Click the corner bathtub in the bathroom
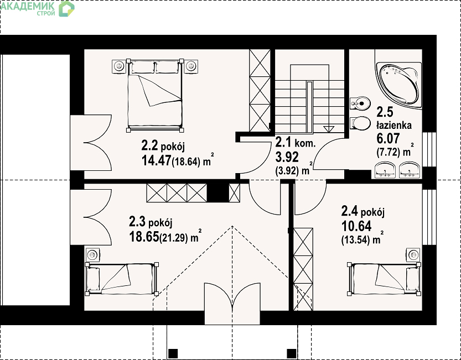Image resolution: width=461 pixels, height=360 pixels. pos(399,85)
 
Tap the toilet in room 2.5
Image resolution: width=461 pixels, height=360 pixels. pos(360,123)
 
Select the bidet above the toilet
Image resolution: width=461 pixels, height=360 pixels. pos(360,103)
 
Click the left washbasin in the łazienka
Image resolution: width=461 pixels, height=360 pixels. pos(385,170)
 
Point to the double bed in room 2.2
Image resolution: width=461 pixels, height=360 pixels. pos(154,96)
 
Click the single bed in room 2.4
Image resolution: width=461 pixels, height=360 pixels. pos(384,279)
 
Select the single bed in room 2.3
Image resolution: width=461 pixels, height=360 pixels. pos(122,279)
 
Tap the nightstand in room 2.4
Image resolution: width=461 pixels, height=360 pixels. pos(413,254)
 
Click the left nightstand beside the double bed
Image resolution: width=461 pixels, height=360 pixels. pos(119,67)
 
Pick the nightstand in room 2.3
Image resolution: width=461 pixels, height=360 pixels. pos(92,254)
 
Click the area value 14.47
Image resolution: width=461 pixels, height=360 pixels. pos(156,160)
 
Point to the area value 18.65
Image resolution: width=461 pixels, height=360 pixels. pos(144,237)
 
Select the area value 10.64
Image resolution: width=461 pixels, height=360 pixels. pos(356,226)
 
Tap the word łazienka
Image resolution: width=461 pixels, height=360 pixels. pos(394,126)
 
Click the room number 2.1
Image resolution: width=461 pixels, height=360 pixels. pos(283,143)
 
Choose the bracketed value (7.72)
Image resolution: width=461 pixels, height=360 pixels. pos(389,152)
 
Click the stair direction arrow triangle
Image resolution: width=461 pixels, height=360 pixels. pos(329,129)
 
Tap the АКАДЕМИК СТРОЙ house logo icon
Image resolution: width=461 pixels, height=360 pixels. pos(67,9)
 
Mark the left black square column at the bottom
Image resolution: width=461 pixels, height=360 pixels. pos(173,353)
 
